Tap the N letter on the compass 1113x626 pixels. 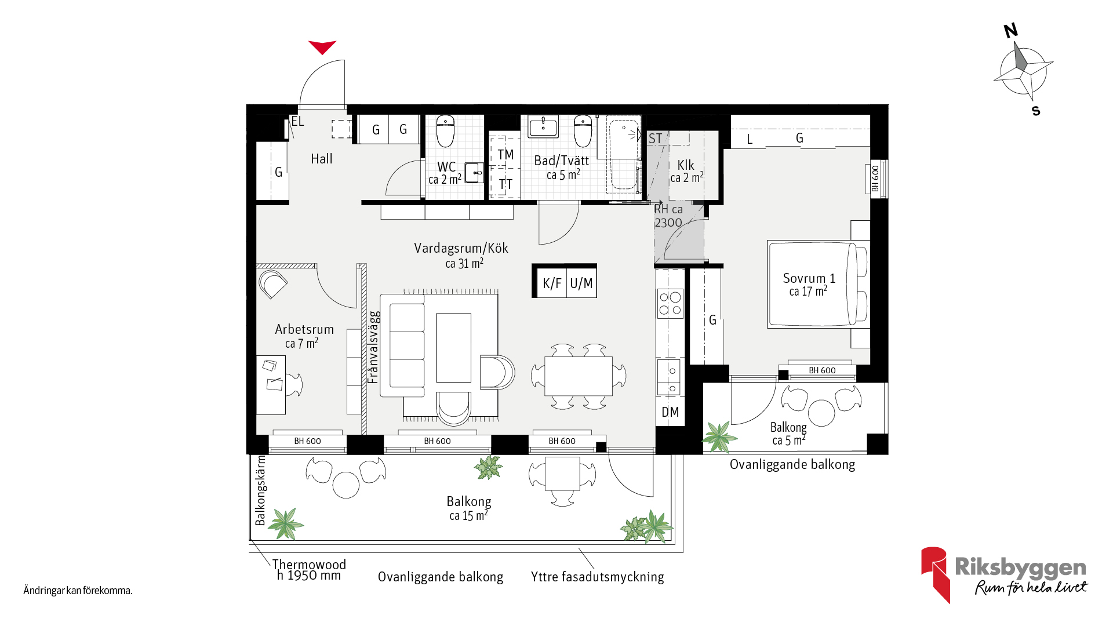[1011, 31]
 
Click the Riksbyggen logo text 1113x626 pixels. [1020, 567]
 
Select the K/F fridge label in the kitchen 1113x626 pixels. [552, 283]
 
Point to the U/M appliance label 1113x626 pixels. [581, 283]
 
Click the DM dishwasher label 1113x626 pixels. [670, 412]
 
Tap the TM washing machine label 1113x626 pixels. [505, 155]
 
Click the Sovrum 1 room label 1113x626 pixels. [809, 278]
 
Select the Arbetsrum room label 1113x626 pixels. [304, 329]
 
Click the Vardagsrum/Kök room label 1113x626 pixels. [461, 248]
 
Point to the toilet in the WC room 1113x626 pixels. [445, 131]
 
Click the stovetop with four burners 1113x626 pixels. [670, 304]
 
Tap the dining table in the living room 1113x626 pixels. [579, 376]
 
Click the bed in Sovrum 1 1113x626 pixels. [818, 285]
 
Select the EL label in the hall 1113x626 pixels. [297, 122]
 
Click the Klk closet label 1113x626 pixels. [686, 165]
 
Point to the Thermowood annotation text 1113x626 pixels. [309, 565]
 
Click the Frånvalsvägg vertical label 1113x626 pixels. [374, 347]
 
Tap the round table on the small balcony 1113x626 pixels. [821, 413]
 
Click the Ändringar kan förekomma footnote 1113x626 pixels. [78, 591]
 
